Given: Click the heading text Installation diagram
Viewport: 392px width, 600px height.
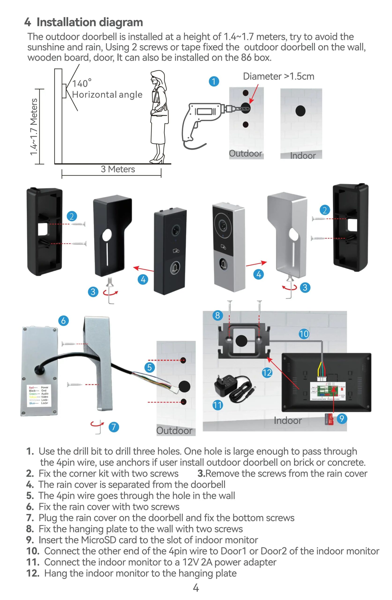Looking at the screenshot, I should click(x=90, y=22).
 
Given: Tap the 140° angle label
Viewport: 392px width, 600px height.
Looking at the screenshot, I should click(x=82, y=83).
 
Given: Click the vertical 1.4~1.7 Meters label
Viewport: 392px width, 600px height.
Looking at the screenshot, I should click(x=34, y=127).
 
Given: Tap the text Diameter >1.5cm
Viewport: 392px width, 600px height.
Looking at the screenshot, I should click(x=278, y=76).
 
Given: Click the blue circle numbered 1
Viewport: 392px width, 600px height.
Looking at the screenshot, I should click(x=214, y=81).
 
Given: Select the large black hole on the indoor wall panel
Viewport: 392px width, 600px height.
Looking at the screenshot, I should click(x=300, y=111).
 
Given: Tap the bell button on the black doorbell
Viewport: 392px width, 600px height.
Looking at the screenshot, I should click(x=175, y=267).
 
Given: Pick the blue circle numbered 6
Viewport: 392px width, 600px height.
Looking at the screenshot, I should click(x=63, y=321).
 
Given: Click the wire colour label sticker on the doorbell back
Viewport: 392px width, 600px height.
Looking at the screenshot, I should click(x=39, y=395).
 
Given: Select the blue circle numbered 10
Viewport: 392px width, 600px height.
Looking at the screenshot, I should click(x=303, y=334).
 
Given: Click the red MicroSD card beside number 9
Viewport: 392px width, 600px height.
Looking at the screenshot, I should click(x=329, y=420).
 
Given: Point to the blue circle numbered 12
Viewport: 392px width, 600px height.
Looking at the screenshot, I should click(x=267, y=373).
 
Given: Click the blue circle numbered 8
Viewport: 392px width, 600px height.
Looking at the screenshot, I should click(x=217, y=315).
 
